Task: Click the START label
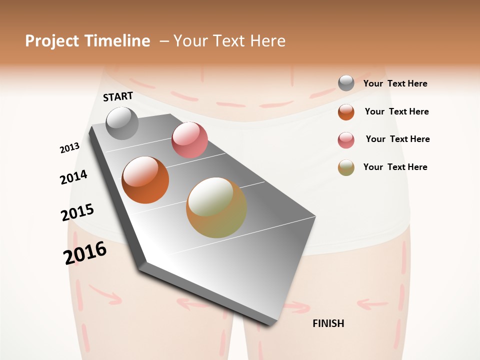point(118,96)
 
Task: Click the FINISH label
point(328,323)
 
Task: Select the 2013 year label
point(69,148)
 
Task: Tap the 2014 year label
point(73,177)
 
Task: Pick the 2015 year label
point(77,212)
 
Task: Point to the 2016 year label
point(85,252)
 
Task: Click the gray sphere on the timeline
point(122,123)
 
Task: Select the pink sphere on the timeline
point(189,140)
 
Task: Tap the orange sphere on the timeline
point(145,180)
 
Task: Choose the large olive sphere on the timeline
point(216,207)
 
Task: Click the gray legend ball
point(346,83)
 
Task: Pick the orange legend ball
point(346,112)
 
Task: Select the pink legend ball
point(346,140)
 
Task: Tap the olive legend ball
point(346,167)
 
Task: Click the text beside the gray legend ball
point(395,84)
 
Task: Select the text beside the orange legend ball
point(396,111)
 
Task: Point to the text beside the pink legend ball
point(397,139)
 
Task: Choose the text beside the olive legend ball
point(395,167)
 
